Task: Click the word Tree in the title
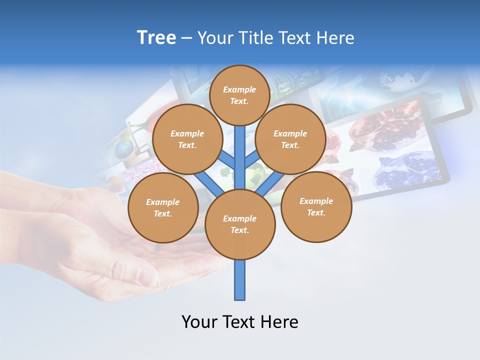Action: tap(156, 38)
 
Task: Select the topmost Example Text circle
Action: tap(239, 95)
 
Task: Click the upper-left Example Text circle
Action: tap(187, 139)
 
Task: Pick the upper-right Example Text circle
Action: tap(290, 139)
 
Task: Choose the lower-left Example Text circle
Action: tap(163, 207)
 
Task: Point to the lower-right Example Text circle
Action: tap(316, 206)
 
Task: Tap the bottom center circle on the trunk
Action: tap(240, 224)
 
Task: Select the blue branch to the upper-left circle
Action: tap(226, 160)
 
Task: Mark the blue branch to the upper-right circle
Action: tap(252, 160)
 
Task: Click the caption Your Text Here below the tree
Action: tap(239, 321)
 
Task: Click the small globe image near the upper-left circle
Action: tap(124, 148)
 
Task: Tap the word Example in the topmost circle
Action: tap(239, 89)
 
